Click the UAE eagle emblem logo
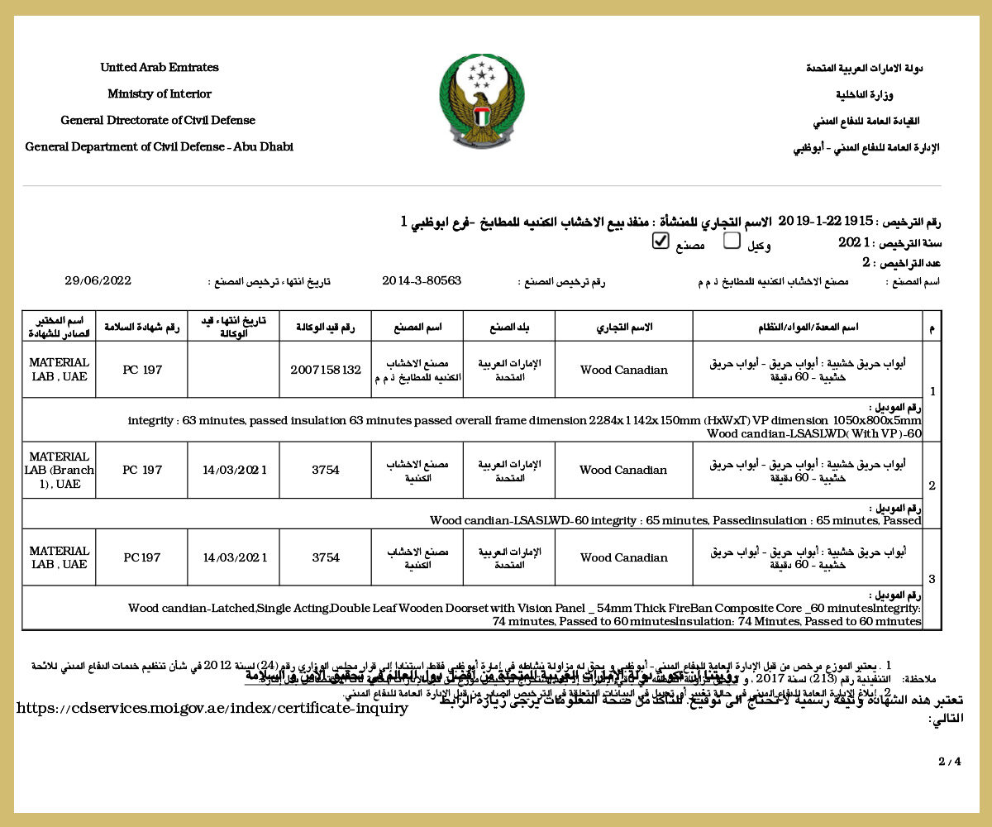pyautogui.click(x=481, y=101)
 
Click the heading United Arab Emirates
pyautogui.click(x=160, y=68)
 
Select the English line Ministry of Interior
pyautogui.click(x=160, y=94)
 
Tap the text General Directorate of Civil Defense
pyautogui.click(x=158, y=121)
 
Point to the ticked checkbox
pyautogui.click(x=660, y=241)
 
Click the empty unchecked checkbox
pyautogui.click(x=732, y=241)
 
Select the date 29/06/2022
pyautogui.click(x=98, y=281)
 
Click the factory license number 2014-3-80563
pyautogui.click(x=422, y=281)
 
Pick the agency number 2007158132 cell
pyautogui.click(x=326, y=370)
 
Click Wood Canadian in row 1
pyautogui.click(x=623, y=370)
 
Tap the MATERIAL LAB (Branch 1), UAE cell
pyautogui.click(x=59, y=470)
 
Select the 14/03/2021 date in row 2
pyautogui.click(x=235, y=470)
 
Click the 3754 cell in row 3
pyautogui.click(x=326, y=557)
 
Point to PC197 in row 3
pyautogui.click(x=142, y=557)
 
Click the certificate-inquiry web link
pyautogui.click(x=212, y=709)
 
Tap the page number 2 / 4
pyautogui.click(x=949, y=761)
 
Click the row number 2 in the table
pyautogui.click(x=932, y=486)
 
